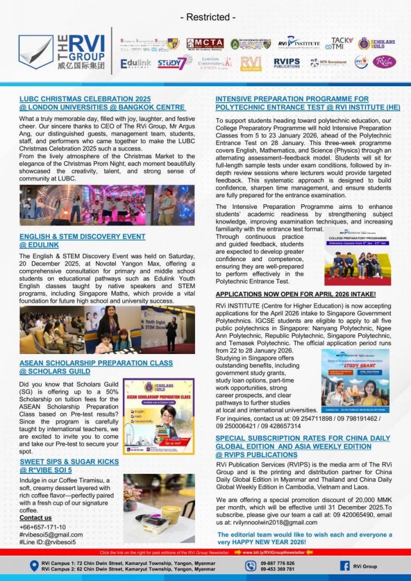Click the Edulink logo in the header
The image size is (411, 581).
coord(136,63)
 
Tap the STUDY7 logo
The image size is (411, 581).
coord(171,62)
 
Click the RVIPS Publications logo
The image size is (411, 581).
coord(287,62)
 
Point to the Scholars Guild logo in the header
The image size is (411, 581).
coord(372,44)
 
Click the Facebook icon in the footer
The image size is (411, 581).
coord(344,566)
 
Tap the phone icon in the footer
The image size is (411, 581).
coord(251,566)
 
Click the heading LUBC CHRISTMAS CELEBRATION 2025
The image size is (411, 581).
coord(85,99)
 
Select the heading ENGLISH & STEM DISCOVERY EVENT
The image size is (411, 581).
coord(82,236)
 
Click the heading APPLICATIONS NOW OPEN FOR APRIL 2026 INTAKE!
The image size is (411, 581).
coord(295,294)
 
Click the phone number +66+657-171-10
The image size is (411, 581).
coord(43,527)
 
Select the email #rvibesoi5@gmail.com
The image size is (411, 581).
coord(51,534)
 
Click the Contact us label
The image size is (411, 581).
coord(35,517)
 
